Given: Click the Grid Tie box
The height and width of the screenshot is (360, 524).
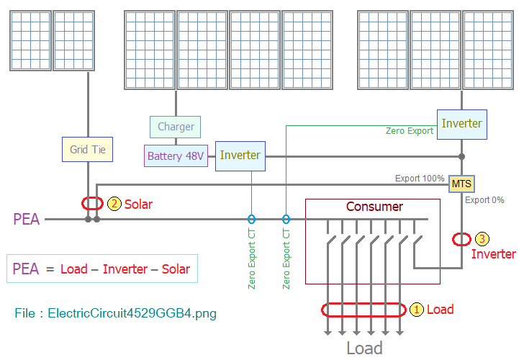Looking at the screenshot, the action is pyautogui.click(x=87, y=150).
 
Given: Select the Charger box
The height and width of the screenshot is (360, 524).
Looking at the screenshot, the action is pyautogui.click(x=175, y=127).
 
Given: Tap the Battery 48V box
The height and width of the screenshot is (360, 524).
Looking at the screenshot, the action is pyautogui.click(x=176, y=156).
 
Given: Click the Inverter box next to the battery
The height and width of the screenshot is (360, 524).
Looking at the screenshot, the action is pyautogui.click(x=240, y=156).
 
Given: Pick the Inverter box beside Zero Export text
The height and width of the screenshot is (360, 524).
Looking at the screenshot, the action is pyautogui.click(x=462, y=125).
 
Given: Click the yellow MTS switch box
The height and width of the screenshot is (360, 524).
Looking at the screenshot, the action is pyautogui.click(x=461, y=184).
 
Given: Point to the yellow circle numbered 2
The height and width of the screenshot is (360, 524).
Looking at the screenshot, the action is pyautogui.click(x=114, y=204).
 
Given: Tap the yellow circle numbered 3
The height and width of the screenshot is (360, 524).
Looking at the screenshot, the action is pyautogui.click(x=482, y=238).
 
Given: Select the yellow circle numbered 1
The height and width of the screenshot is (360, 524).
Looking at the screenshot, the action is pyautogui.click(x=416, y=310).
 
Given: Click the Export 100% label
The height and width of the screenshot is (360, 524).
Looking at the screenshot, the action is pyautogui.click(x=420, y=178).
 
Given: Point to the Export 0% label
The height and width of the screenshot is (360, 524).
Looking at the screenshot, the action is pyautogui.click(x=484, y=200).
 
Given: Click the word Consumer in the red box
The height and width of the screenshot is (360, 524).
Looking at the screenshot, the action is pyautogui.click(x=374, y=207).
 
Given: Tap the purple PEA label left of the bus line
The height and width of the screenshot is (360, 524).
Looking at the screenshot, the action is pyautogui.click(x=27, y=220).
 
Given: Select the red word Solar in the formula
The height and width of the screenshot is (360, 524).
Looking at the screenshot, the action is pyautogui.click(x=176, y=269).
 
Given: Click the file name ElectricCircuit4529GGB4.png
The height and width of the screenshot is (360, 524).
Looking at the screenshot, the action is pyautogui.click(x=132, y=313).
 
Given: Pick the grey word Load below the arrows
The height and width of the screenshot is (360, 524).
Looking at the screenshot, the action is pyautogui.click(x=364, y=348).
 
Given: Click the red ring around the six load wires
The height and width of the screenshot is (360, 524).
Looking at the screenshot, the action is pyautogui.click(x=363, y=304).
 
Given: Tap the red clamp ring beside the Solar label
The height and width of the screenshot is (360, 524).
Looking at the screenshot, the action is pyautogui.click(x=92, y=197).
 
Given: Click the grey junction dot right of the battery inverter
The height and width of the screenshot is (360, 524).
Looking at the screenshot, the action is pyautogui.click(x=461, y=156).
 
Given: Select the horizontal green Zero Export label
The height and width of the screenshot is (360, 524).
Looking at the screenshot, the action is pyautogui.click(x=410, y=131).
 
